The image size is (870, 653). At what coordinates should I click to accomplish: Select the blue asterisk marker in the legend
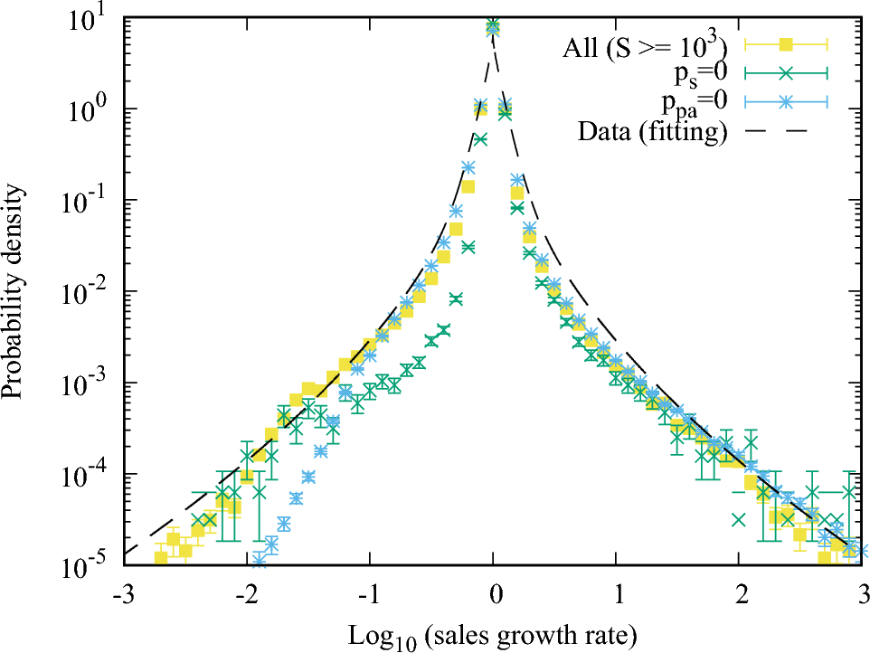[x=786, y=103]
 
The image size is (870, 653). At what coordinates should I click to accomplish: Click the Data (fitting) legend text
[x=651, y=134]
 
